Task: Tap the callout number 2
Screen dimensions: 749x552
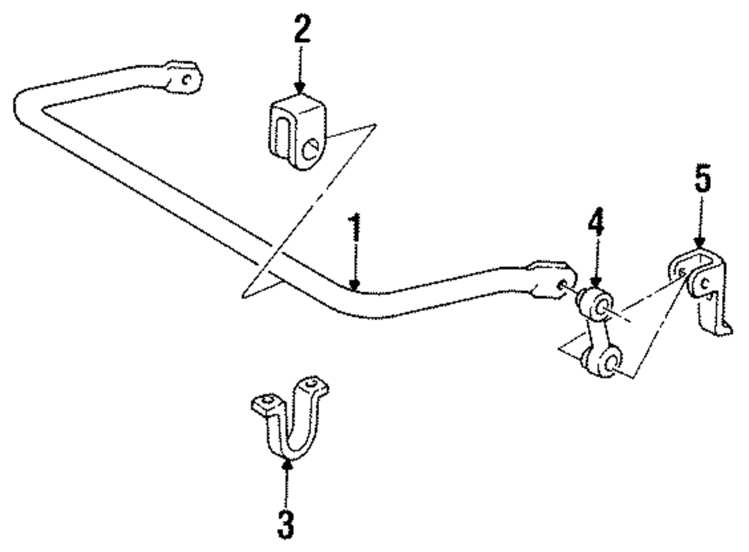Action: [x=300, y=30]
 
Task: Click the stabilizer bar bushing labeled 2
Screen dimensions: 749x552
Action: [x=297, y=131]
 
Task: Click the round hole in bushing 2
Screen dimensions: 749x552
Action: [x=311, y=148]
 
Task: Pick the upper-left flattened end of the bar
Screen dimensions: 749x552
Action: [x=182, y=77]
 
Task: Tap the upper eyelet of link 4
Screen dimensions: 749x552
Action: [x=598, y=303]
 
